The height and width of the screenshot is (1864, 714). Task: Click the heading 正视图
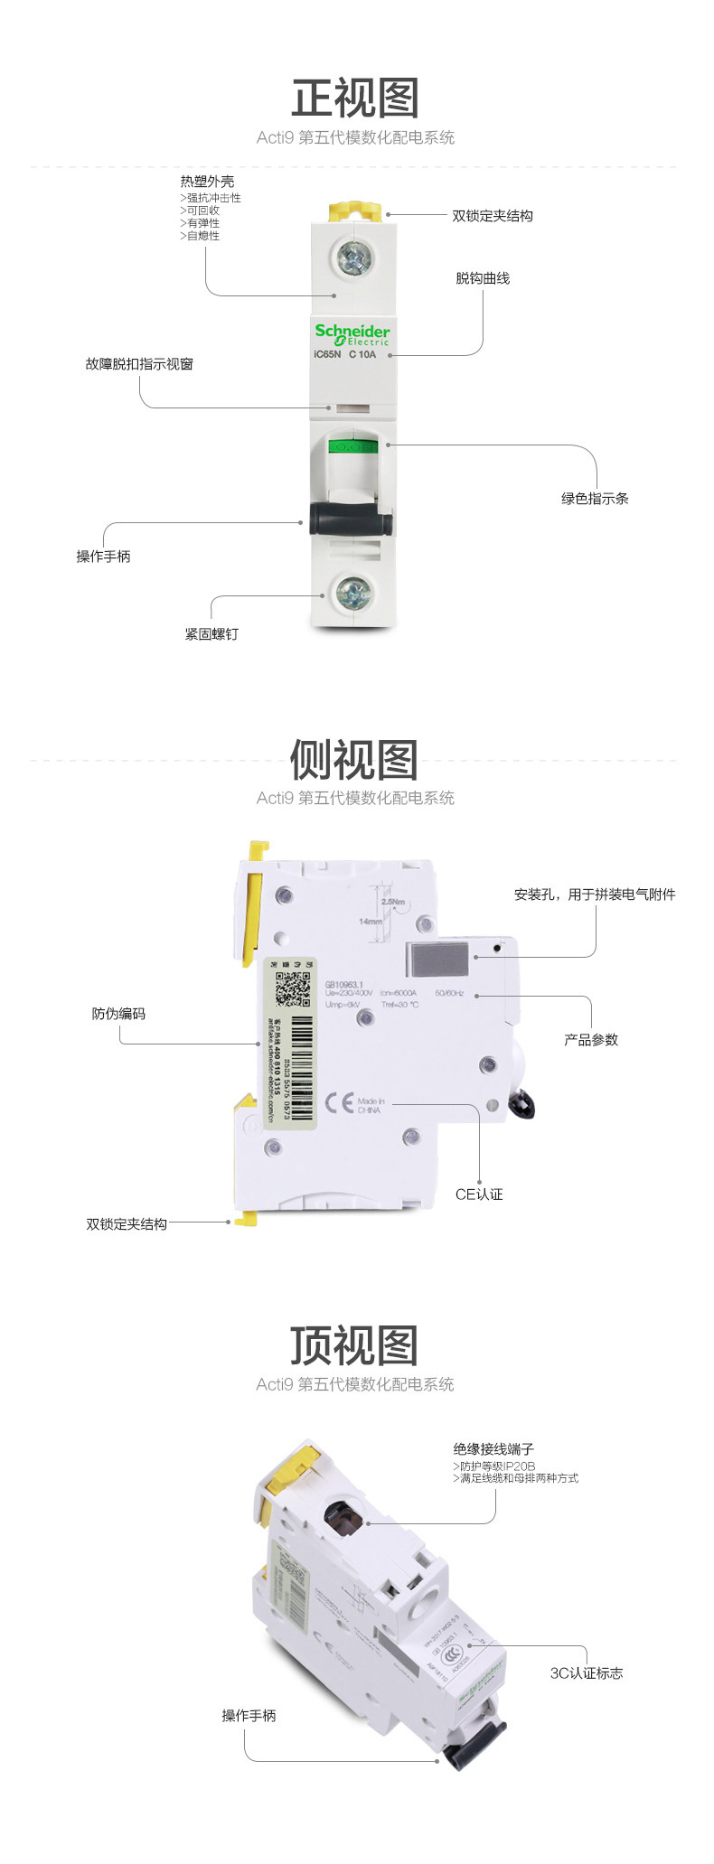coord(355,98)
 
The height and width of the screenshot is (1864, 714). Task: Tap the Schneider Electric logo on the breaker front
coord(352,334)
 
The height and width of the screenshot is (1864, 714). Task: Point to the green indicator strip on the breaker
coord(352,445)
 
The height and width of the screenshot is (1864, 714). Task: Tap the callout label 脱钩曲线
coord(483,278)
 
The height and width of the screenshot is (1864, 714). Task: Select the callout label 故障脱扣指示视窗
coord(139,364)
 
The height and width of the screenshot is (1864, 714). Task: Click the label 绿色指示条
coord(595,498)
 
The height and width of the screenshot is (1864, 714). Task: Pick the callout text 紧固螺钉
coord(211,634)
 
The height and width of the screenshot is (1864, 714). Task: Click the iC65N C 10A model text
coord(344,355)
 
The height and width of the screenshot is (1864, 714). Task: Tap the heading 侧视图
coord(355,760)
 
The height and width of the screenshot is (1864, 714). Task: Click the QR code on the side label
coord(292,988)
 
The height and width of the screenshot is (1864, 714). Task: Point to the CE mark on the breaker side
coord(339,1102)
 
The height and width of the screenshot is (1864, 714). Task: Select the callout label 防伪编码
coord(118,1014)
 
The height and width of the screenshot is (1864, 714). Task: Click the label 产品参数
coord(591,1040)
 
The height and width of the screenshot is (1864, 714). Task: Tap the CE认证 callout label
coord(479,1194)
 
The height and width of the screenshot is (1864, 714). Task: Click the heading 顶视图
coord(355,1346)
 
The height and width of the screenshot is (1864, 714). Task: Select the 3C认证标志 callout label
coord(587,1673)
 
